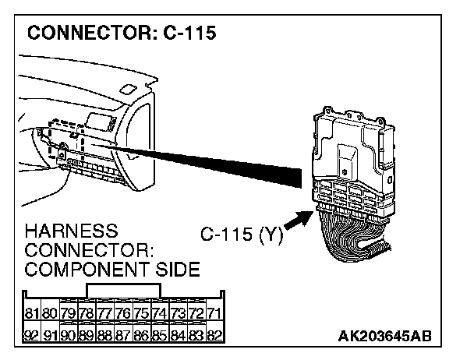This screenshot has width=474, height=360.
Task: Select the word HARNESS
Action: (x=71, y=231)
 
